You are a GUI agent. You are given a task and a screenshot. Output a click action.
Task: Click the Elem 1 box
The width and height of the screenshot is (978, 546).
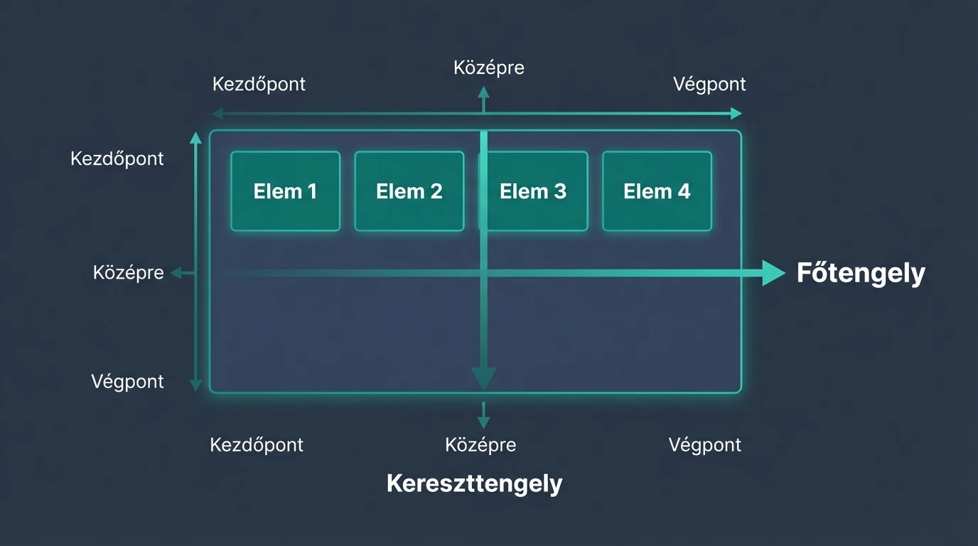pos(285,191)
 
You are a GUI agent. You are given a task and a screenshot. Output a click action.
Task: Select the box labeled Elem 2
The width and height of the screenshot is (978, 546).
pos(409,191)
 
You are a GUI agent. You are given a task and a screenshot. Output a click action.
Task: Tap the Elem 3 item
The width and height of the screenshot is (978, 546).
pos(533,191)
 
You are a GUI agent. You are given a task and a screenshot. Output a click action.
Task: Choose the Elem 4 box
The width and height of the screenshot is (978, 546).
pos(657,191)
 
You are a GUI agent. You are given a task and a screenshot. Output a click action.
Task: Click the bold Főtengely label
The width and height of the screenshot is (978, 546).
pos(861,273)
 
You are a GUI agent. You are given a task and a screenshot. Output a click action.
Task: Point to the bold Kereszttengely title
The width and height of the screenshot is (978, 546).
pos(474,483)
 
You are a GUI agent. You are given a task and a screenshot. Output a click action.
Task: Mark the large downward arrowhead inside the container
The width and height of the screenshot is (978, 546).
pos(483,378)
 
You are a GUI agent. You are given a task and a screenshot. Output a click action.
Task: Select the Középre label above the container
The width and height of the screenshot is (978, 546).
pos(489,68)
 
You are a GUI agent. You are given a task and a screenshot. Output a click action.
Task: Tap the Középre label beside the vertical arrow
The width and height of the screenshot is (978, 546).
pos(128,272)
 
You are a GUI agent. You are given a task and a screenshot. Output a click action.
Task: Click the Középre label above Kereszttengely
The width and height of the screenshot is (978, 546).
pos(480,445)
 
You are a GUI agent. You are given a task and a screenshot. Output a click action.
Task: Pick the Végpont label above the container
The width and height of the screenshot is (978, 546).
pos(709,84)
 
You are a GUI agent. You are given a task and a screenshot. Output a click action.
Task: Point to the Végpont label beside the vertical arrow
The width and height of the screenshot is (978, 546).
pos(127,381)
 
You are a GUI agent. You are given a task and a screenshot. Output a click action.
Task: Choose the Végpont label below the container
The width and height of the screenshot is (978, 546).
pos(704,445)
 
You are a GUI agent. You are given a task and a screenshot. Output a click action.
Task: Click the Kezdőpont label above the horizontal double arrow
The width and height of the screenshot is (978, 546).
pos(259,84)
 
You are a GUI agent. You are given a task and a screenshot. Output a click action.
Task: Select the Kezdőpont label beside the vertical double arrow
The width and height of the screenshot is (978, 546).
pos(117,158)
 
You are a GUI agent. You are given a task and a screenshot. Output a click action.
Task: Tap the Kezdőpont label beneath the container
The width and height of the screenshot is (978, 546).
pos(257,445)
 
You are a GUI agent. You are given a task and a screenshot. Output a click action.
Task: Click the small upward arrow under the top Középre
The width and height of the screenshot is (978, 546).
pos(483,98)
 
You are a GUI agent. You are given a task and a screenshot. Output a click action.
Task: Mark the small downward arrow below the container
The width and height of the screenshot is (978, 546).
pos(483,415)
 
